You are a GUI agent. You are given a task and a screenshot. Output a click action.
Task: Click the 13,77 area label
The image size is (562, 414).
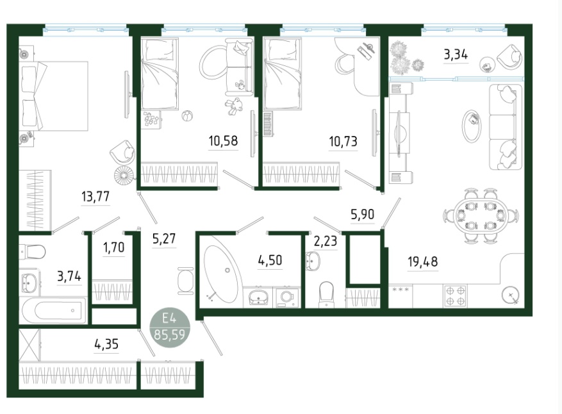95,197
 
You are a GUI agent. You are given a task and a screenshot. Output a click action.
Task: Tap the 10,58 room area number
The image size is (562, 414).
223,141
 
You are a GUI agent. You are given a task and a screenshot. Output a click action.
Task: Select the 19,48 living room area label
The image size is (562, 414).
423,261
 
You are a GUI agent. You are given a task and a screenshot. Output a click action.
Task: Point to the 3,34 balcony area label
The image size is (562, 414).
456,55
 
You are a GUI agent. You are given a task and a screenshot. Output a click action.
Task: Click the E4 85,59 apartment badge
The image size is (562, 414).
170,327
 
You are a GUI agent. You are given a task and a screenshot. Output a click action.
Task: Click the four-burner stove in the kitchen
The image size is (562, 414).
455,296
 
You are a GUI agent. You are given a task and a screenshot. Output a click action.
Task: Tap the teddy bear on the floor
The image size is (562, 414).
234,106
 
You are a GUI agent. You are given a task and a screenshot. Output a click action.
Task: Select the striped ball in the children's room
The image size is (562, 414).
186,116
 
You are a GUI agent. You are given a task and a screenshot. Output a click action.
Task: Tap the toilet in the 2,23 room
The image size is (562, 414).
326,295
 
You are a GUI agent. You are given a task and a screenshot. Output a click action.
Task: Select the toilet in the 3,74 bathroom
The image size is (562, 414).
31,252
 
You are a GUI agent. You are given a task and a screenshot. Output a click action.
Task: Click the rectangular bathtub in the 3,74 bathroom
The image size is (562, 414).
54,310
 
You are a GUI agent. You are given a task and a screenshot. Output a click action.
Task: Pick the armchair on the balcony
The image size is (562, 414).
509,57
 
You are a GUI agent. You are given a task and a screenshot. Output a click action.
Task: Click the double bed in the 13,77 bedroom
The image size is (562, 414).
54,96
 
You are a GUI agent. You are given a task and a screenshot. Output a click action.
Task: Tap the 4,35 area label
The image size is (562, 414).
106,344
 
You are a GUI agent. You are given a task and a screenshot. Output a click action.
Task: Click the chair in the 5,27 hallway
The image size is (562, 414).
186,281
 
